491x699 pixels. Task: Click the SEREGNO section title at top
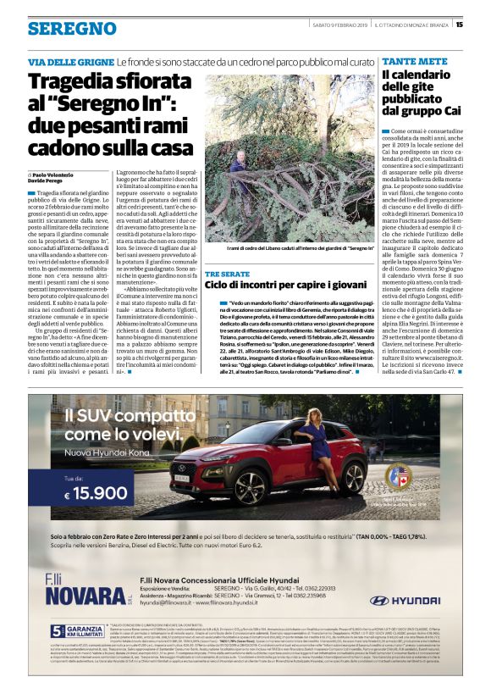tap(72, 28)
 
